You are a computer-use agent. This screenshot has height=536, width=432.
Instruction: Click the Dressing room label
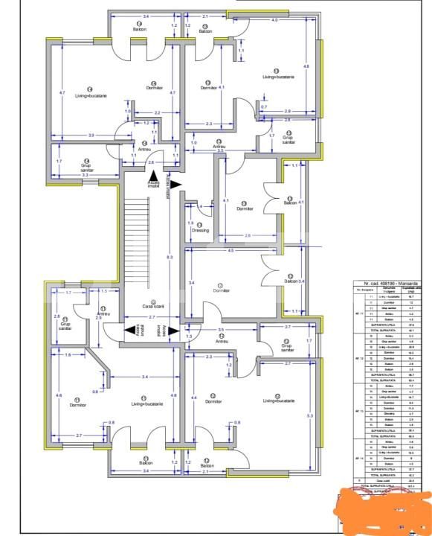[x=199, y=231]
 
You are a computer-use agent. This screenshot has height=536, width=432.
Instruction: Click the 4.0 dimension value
[x=274, y=20]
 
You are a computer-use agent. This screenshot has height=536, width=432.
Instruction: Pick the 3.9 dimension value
[x=71, y=135]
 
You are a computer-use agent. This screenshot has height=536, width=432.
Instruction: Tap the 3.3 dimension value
[x=86, y=175]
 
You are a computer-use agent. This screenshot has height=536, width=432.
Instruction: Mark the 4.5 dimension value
[x=230, y=251]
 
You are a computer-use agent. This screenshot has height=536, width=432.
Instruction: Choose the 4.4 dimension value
[x=194, y=399]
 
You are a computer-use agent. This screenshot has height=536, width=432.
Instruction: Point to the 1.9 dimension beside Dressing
[x=190, y=223]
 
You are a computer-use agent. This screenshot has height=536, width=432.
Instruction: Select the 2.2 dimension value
[x=147, y=112]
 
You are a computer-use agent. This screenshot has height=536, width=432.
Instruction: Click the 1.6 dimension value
[x=68, y=355]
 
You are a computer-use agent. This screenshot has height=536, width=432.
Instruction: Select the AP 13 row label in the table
[x=358, y=411]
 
